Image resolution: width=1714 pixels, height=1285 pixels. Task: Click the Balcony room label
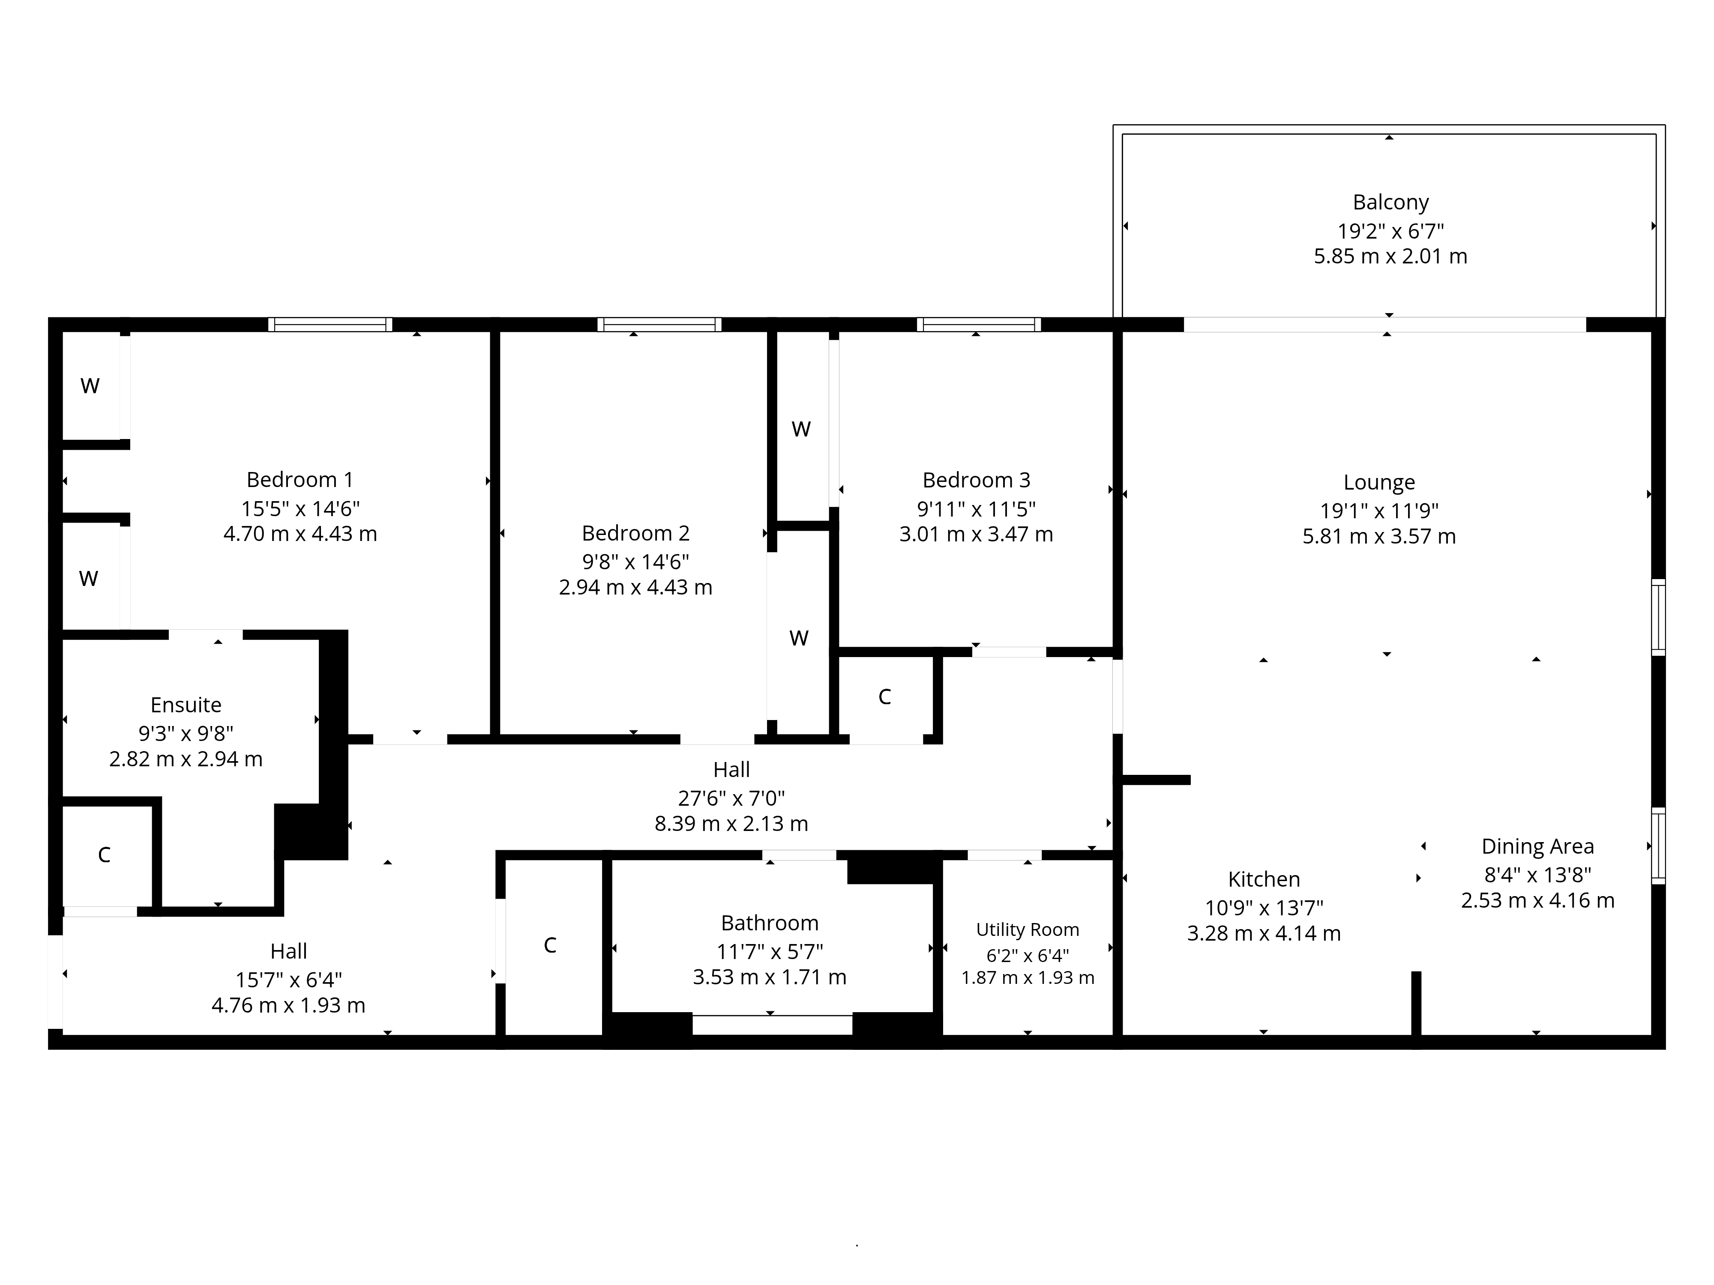click(x=1390, y=202)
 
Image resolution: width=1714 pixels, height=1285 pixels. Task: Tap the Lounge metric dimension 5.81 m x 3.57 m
click(x=1378, y=536)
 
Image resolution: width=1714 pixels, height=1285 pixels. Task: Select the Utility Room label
click(x=1028, y=929)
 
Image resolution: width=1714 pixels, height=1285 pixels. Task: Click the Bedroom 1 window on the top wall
click(x=330, y=325)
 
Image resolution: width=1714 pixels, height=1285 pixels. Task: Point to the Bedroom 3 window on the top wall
click(x=979, y=325)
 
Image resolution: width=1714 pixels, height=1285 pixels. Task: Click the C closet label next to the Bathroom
click(x=550, y=945)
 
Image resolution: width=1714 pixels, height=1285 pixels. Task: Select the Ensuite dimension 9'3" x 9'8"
click(x=186, y=733)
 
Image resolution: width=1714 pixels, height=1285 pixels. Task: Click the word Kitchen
click(x=1264, y=879)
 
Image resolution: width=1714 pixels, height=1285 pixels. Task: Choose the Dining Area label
click(x=1537, y=846)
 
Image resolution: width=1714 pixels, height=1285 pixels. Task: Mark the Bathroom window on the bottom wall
click(x=772, y=1024)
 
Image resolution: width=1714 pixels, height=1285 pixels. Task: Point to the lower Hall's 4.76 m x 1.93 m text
click(x=288, y=1005)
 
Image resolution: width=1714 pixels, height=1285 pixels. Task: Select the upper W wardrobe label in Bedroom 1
click(x=90, y=386)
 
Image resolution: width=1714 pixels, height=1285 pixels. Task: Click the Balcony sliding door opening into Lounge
click(x=1384, y=325)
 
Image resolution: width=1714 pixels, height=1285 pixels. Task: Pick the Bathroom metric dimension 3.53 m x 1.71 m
click(x=770, y=977)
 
